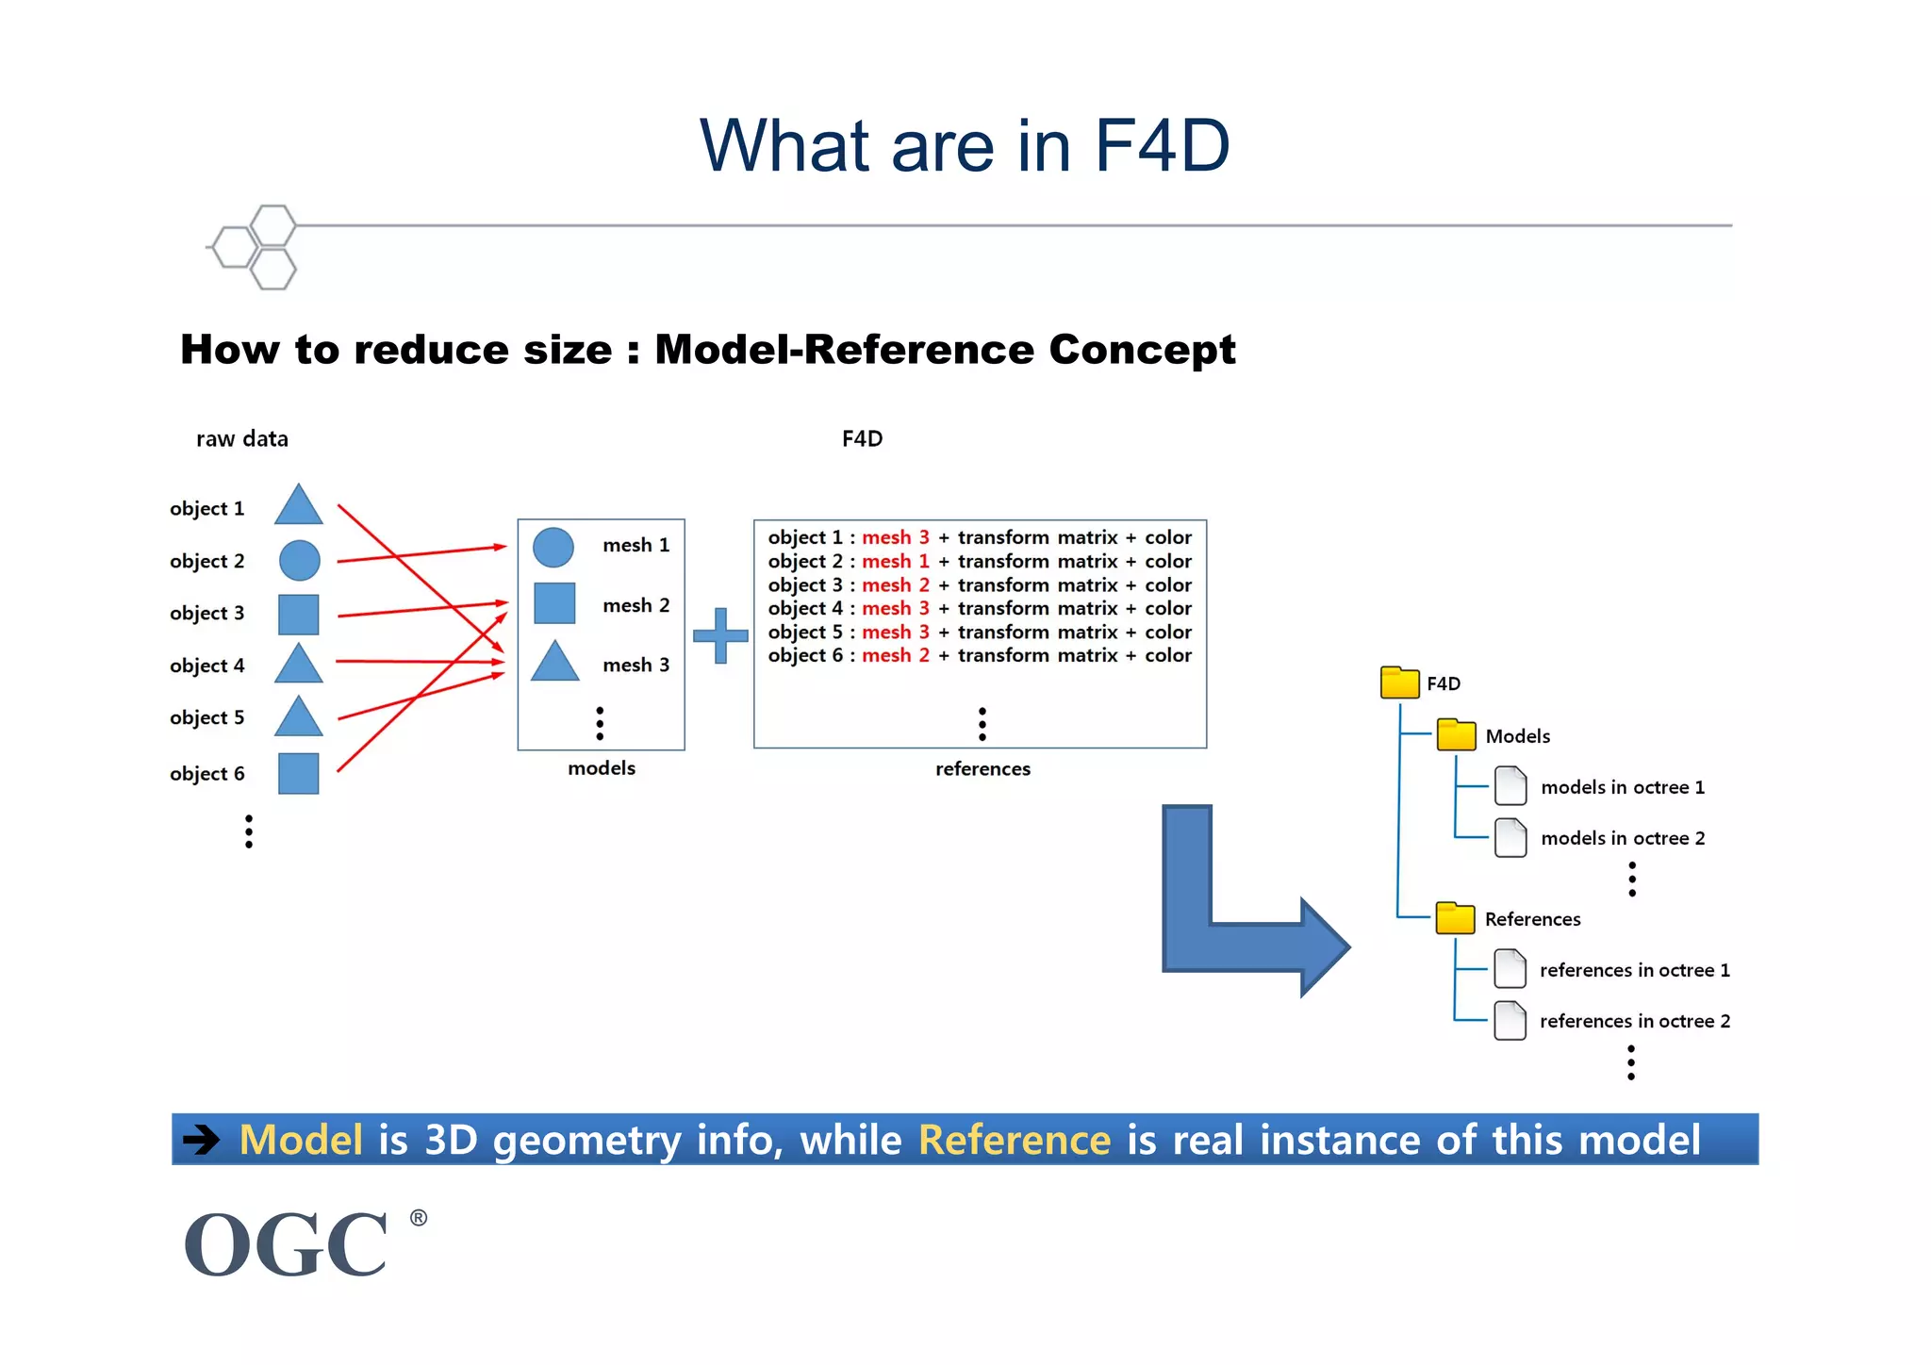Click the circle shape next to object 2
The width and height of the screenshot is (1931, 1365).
300,561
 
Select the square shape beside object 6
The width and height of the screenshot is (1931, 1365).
299,774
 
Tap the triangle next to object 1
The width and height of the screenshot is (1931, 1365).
299,507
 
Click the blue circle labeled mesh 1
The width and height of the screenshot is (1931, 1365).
553,547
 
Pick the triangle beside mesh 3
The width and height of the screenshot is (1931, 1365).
554,664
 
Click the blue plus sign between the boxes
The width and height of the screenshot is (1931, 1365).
720,635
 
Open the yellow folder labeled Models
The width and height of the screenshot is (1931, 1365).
1456,735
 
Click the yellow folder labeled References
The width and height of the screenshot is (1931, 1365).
1455,918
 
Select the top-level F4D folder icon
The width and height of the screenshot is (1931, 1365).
1399,682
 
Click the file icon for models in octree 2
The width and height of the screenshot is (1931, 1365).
1510,838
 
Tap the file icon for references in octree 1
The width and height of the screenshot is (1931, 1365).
1510,969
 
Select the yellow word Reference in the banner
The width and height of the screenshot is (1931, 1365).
1015,1140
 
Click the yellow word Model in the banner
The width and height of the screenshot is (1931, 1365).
301,1140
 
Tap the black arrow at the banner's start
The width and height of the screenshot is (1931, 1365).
201,1140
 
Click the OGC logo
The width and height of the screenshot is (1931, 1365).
287,1244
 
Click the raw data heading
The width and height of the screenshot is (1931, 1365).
242,439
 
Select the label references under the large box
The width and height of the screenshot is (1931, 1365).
982,769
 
